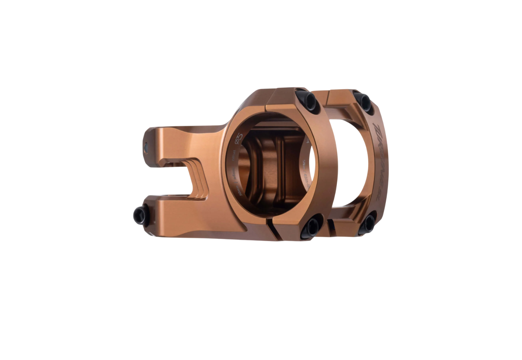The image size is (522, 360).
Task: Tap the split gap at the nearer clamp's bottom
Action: coord(272,230)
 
